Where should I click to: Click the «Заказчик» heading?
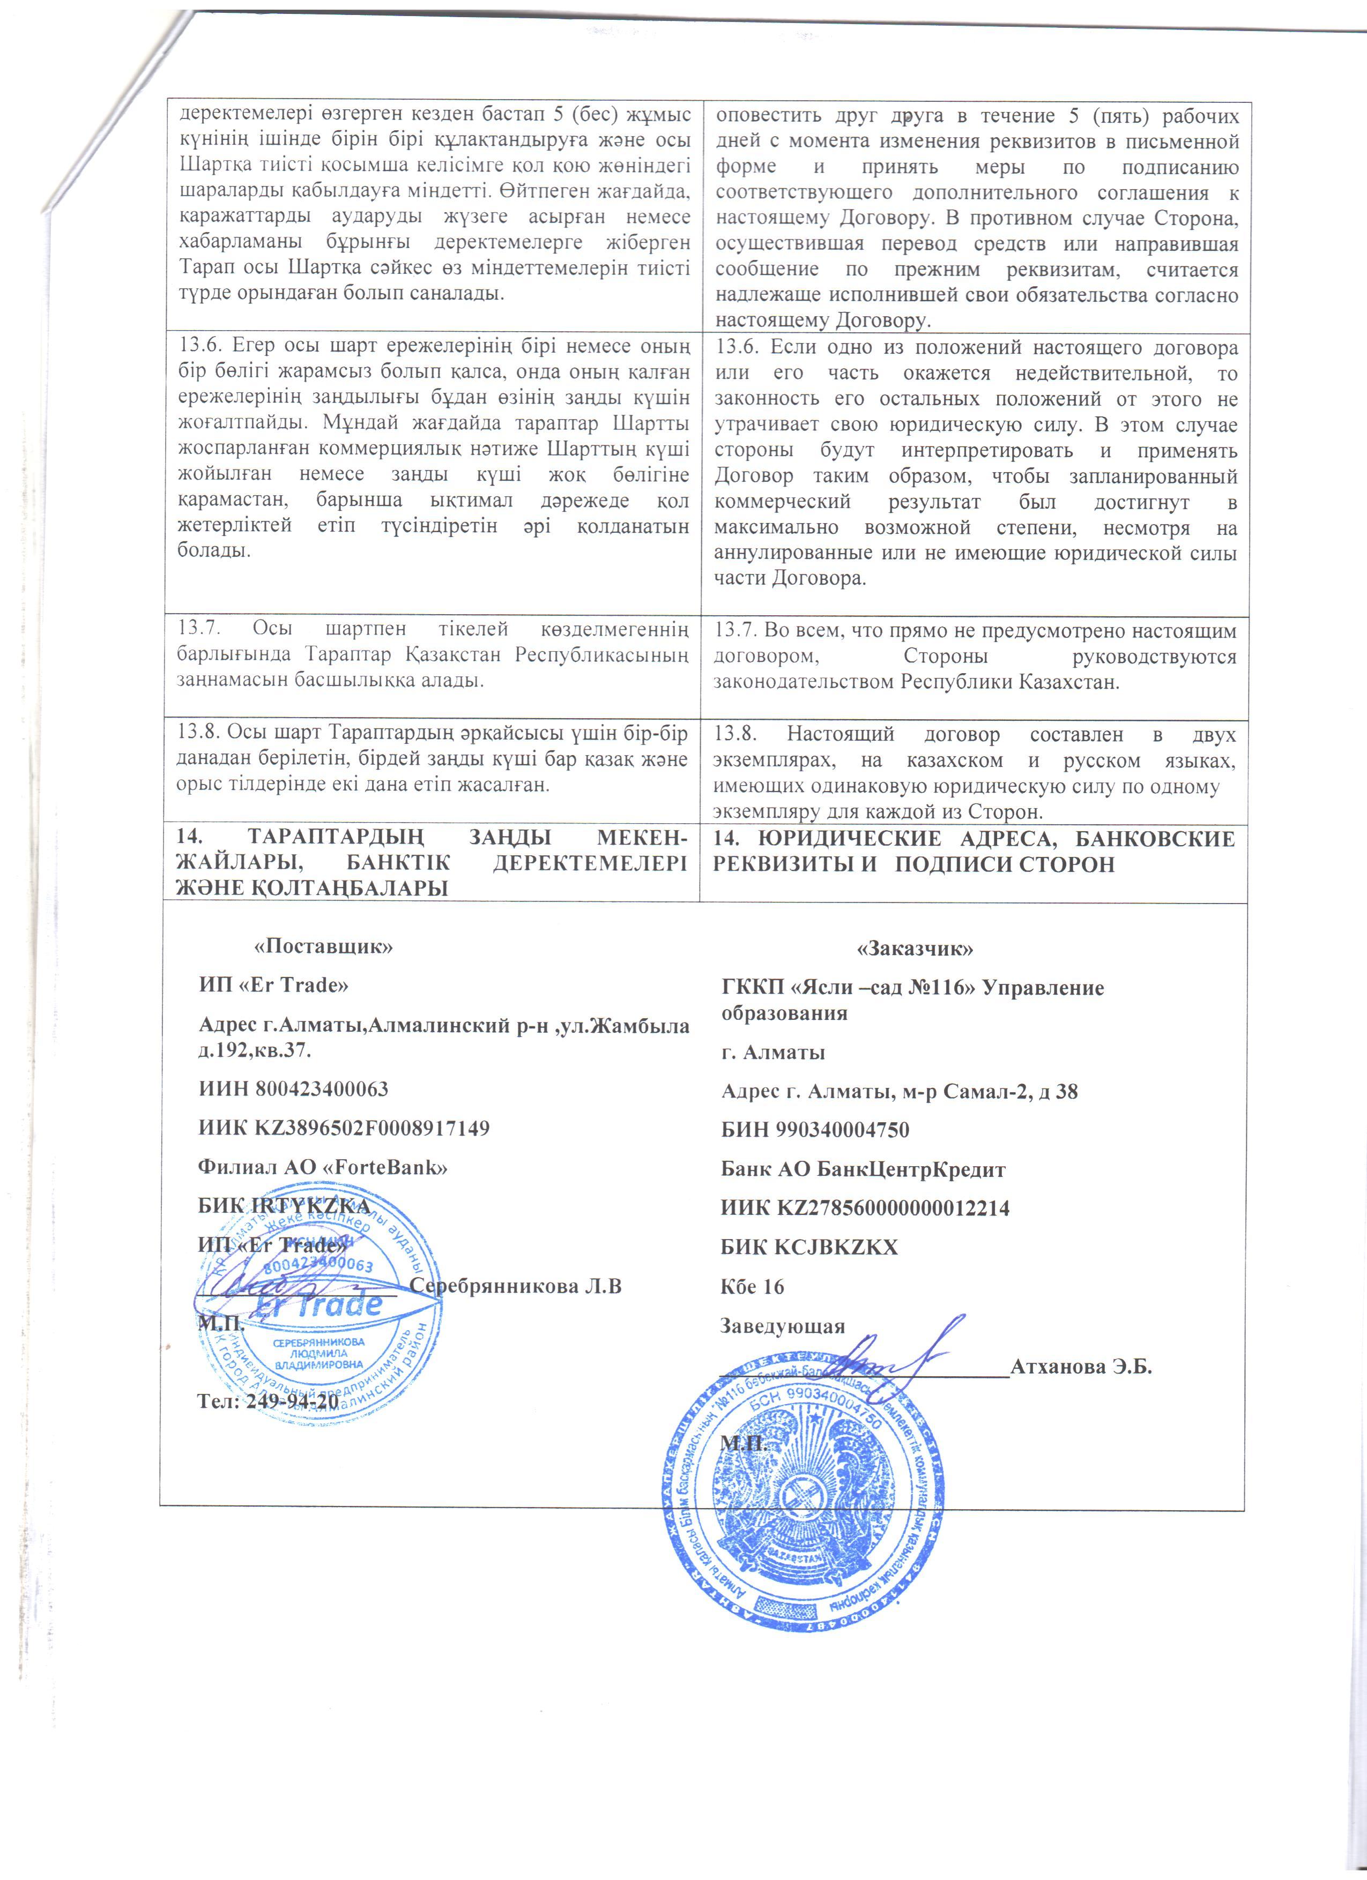coord(915,948)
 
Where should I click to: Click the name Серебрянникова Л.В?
coord(516,1287)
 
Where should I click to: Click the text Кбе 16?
coord(752,1287)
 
